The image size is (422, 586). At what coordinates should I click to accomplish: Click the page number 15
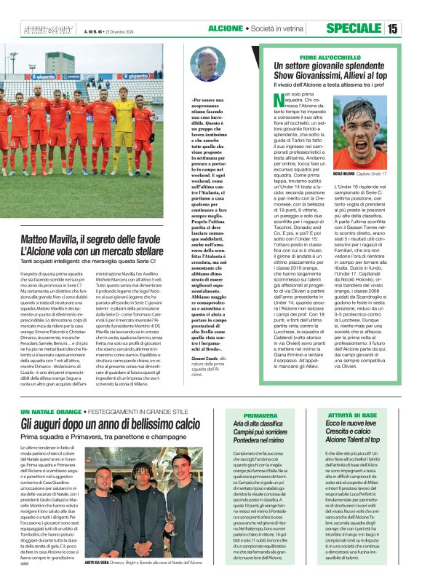412,29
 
